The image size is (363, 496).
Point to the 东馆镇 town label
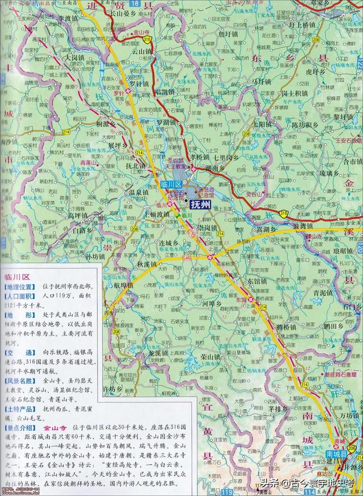pos(259,280)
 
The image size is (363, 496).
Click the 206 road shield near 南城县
pos(351,448)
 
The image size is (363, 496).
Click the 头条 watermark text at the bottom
pos(271,483)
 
